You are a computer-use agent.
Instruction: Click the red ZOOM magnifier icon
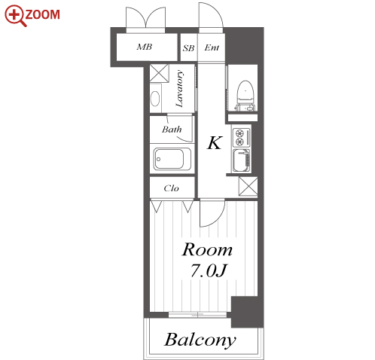(15, 16)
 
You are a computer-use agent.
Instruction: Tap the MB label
(145, 47)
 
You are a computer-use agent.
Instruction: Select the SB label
(188, 48)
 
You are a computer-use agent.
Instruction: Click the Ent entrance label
(212, 47)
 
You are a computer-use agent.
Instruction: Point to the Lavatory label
(179, 89)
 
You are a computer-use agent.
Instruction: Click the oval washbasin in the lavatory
(155, 99)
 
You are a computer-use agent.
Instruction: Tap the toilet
(245, 96)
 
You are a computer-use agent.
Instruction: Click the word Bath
(172, 130)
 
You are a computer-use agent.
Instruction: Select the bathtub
(172, 159)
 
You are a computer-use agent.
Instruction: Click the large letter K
(215, 143)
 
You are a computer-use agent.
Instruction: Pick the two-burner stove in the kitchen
(242, 138)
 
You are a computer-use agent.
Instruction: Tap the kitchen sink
(242, 160)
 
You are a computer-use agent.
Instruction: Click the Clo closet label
(171, 188)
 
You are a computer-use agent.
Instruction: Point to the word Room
(207, 250)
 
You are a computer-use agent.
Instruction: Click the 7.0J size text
(209, 271)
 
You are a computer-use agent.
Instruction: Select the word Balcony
(200, 340)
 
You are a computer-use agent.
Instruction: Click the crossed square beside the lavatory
(159, 73)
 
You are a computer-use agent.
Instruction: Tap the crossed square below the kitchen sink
(248, 186)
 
